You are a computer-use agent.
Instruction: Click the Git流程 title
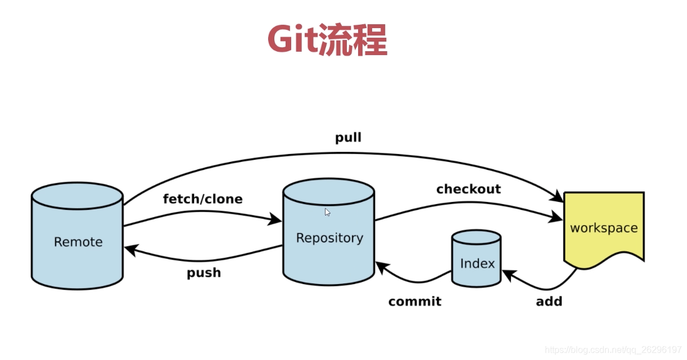coord(327,39)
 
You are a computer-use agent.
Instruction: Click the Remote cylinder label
coord(78,242)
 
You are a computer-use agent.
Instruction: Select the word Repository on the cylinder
coord(329,238)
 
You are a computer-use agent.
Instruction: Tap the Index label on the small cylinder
coord(477,264)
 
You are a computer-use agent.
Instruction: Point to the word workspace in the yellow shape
coord(604,228)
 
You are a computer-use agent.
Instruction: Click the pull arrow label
coord(348,138)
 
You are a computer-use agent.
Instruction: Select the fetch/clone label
coord(202,199)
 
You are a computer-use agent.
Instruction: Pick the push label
coord(204,273)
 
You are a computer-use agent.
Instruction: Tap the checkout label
coord(468,189)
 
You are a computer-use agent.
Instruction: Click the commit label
coord(414,301)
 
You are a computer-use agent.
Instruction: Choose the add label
coord(549,301)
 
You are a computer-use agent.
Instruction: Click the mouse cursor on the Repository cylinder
coord(328,212)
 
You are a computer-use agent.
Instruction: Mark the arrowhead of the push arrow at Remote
coord(129,250)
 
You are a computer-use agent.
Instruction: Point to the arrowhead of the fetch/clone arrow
coord(277,219)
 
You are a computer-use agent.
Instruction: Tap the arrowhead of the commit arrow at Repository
coord(380,265)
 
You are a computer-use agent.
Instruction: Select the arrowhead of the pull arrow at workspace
coord(559,197)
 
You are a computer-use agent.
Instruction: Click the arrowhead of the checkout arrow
coord(558,217)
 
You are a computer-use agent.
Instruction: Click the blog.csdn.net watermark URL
coord(613,350)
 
